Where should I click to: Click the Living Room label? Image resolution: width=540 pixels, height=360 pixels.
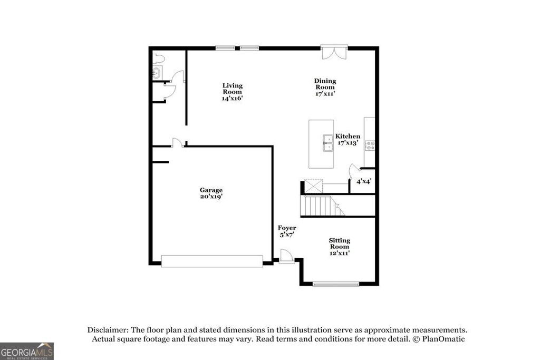pyautogui.click(x=232, y=91)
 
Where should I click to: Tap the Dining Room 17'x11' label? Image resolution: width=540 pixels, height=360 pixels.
pyautogui.click(x=325, y=87)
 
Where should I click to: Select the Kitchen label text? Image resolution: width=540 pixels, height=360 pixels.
pyautogui.click(x=348, y=136)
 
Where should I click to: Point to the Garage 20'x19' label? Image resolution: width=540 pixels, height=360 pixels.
pyautogui.click(x=210, y=193)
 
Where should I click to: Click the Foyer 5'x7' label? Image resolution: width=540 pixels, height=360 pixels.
pyautogui.click(x=287, y=231)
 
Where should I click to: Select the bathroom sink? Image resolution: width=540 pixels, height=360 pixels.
pyautogui.click(x=157, y=72)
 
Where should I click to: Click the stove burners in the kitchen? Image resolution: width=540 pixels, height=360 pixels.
pyautogui.click(x=370, y=144)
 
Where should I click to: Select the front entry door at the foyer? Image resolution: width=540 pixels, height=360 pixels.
pyautogui.click(x=287, y=257)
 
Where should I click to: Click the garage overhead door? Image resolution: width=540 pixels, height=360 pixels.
pyautogui.click(x=211, y=261)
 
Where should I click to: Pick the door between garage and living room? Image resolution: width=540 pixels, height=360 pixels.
pyautogui.click(x=178, y=142)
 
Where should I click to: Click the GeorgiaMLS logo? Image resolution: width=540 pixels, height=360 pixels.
pyautogui.click(x=27, y=351)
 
